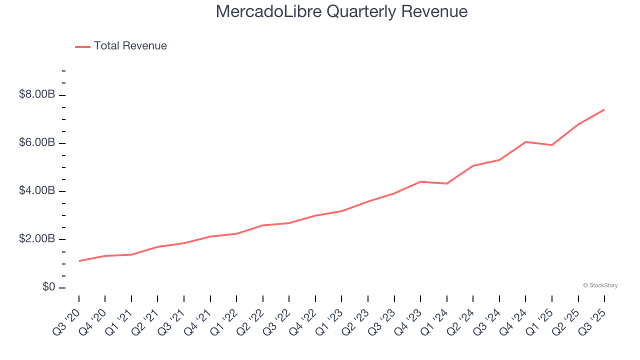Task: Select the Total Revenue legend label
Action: coord(130,46)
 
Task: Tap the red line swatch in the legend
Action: coord(82,46)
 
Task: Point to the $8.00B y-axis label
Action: coord(36,94)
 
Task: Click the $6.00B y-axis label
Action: coord(36,143)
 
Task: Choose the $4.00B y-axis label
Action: coord(36,191)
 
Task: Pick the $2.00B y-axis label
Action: coord(36,239)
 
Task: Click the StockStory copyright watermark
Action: coord(600,285)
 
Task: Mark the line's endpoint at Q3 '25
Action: coord(604,109)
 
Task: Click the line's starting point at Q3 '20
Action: coord(79,261)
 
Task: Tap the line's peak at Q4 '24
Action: coord(525,142)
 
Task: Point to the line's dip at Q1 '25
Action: coord(552,145)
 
